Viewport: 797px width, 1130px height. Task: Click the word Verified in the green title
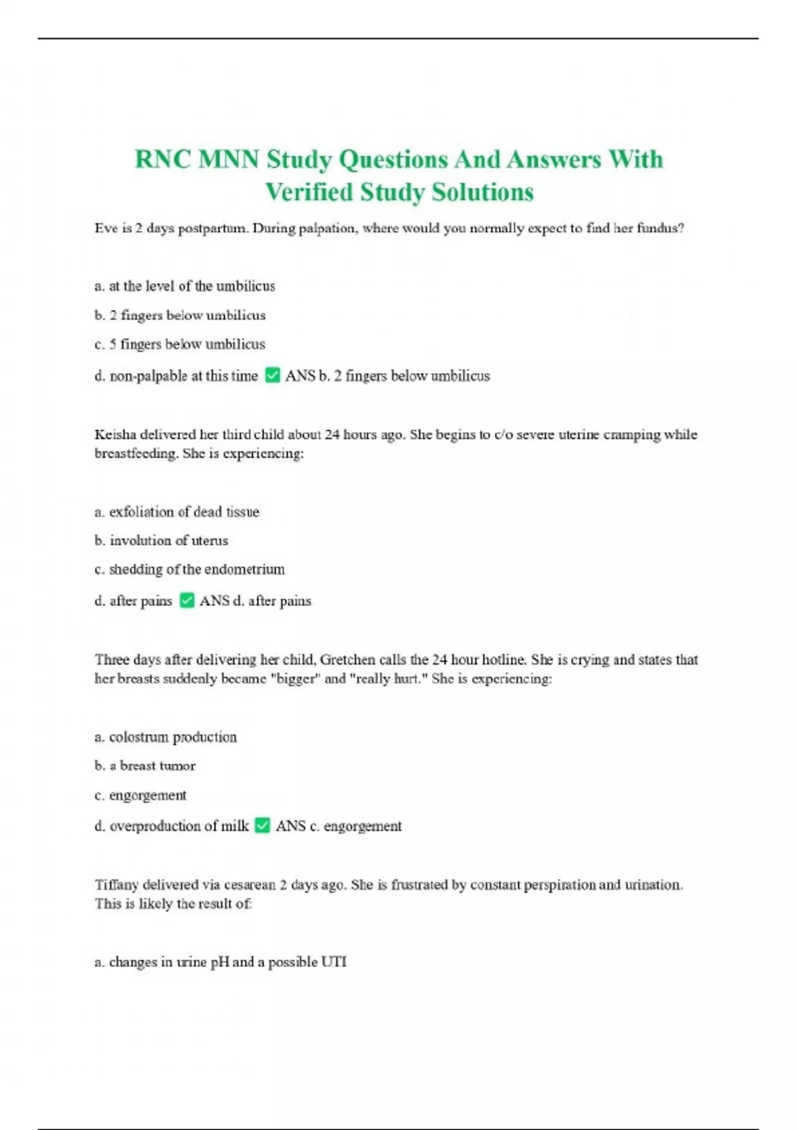[x=309, y=193]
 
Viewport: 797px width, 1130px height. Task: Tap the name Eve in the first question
[x=106, y=228]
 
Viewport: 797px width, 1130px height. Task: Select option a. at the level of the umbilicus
[x=185, y=286]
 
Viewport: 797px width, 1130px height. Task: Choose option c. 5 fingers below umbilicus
[x=179, y=344]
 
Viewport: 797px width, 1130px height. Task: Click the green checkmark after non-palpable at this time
[x=272, y=376]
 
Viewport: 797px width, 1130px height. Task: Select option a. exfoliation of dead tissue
[x=177, y=512]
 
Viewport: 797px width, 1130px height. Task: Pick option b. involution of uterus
[x=161, y=540]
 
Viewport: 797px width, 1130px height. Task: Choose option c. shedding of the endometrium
[x=189, y=570]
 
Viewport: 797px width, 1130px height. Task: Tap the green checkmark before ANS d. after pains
[x=187, y=601]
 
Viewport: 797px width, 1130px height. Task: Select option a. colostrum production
[x=165, y=737]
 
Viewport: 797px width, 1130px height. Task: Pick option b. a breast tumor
[x=145, y=766]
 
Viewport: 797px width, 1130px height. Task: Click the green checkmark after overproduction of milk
[x=263, y=826]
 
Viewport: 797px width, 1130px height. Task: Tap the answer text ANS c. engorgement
[x=339, y=826]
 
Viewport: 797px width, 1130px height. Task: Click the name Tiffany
[x=117, y=885]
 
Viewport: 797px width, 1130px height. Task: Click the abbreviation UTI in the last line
[x=333, y=962]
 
